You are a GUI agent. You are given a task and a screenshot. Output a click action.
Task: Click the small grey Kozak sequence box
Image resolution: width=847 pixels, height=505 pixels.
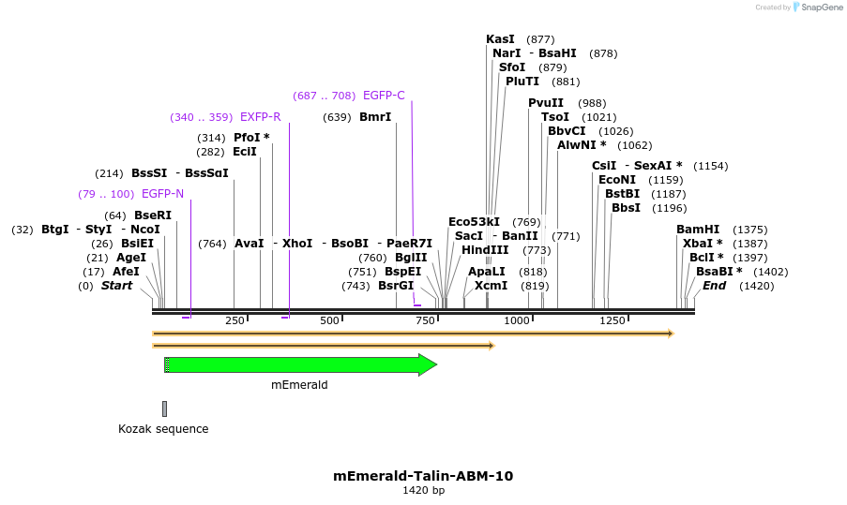pos(164,408)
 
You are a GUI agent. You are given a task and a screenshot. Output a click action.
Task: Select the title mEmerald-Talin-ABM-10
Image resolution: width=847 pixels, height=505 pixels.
pos(423,476)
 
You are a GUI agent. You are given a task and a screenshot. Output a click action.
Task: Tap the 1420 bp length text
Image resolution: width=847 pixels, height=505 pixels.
pos(423,491)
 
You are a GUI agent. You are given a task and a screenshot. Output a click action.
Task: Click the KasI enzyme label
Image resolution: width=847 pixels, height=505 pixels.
pos(500,39)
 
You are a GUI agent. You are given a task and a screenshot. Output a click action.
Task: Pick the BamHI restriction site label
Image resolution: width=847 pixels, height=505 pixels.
pos(698,230)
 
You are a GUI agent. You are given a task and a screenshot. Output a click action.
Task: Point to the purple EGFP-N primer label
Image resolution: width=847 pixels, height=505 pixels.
pos(162,194)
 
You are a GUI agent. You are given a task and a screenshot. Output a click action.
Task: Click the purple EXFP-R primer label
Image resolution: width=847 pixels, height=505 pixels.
pos(260,117)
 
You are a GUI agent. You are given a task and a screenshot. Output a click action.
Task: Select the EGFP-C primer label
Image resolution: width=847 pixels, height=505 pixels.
pos(384,96)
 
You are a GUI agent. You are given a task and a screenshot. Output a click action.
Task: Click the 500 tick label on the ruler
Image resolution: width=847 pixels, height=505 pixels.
pos(329,320)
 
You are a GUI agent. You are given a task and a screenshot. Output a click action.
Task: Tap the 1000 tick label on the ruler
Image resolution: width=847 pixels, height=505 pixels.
pos(517,320)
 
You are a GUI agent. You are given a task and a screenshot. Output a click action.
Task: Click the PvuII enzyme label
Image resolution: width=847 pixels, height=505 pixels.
pos(546,103)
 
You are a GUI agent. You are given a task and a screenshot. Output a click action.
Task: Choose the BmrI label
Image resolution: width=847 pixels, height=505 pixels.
pos(375,117)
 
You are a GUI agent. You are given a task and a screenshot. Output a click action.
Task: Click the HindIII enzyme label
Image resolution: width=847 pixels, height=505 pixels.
pos(485,250)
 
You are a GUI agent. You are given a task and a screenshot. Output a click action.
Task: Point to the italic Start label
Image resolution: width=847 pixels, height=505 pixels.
pos(117,286)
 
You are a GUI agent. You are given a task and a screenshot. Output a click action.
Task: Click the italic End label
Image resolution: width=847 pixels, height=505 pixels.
pos(714,286)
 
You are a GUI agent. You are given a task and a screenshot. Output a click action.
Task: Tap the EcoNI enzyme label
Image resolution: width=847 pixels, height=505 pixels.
pos(616,180)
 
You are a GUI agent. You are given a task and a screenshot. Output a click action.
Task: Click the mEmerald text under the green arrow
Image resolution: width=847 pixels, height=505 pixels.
pos(299,384)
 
